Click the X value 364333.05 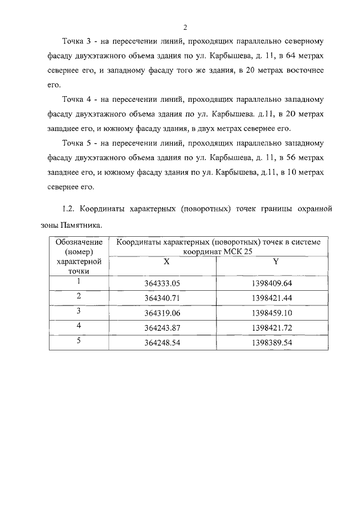(x=161, y=283)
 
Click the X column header (x=166, y=262)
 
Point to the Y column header (x=275, y=262)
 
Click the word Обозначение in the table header (x=79, y=242)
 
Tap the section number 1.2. (x=69, y=209)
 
